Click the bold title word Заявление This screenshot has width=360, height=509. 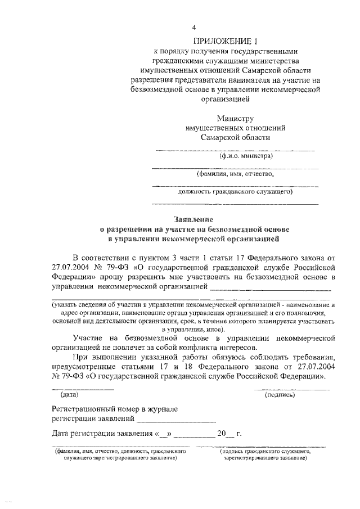(193, 219)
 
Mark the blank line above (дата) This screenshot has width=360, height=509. (83, 389)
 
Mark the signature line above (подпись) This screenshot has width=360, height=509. (291, 389)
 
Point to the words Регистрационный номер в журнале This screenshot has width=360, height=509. (115, 409)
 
